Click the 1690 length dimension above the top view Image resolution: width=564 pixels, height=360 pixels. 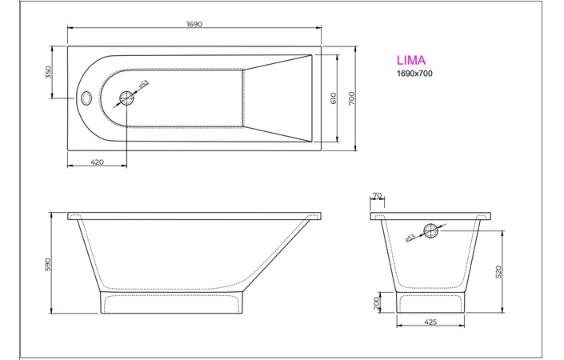[195, 24]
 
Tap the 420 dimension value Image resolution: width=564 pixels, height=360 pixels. [97, 162]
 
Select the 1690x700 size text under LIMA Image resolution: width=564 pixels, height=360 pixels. [415, 74]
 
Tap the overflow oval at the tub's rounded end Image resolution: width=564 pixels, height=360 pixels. [86, 98]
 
